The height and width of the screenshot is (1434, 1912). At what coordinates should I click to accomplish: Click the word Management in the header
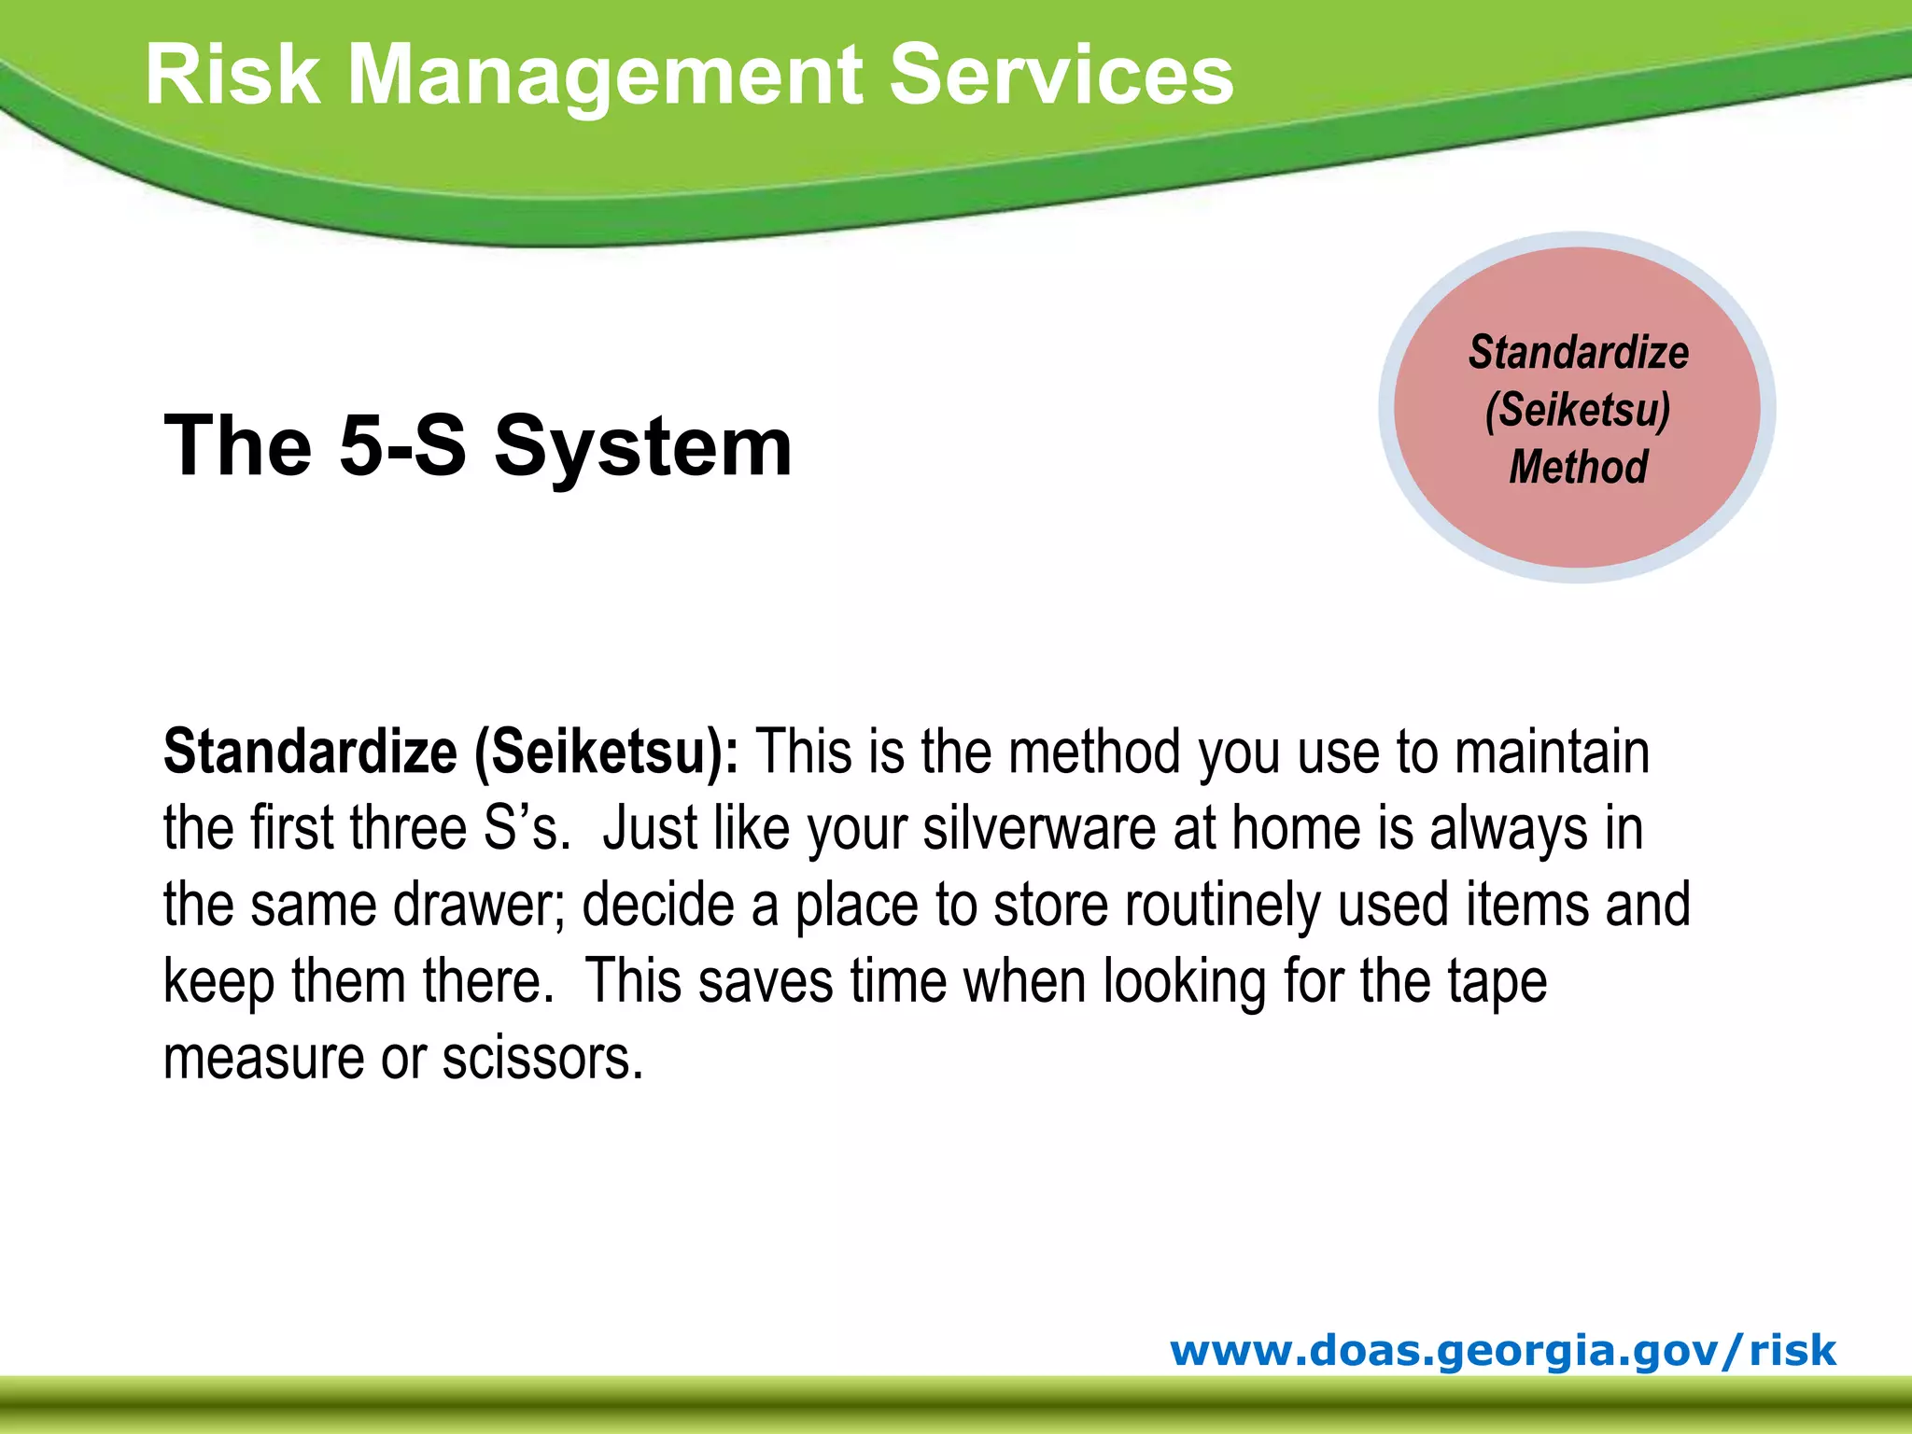point(605,77)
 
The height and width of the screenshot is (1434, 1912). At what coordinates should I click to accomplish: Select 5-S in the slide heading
point(401,446)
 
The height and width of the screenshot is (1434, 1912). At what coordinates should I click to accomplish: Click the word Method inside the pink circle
point(1578,467)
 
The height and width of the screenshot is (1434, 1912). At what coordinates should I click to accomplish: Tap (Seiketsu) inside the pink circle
point(1578,410)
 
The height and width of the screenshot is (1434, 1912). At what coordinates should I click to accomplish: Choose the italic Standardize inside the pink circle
point(1578,353)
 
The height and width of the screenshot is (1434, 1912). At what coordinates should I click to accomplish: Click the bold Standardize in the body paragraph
point(310,752)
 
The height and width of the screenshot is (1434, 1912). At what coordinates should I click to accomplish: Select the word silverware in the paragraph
point(1039,828)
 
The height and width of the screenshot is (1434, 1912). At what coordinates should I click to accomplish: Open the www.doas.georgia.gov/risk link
point(1502,1350)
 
